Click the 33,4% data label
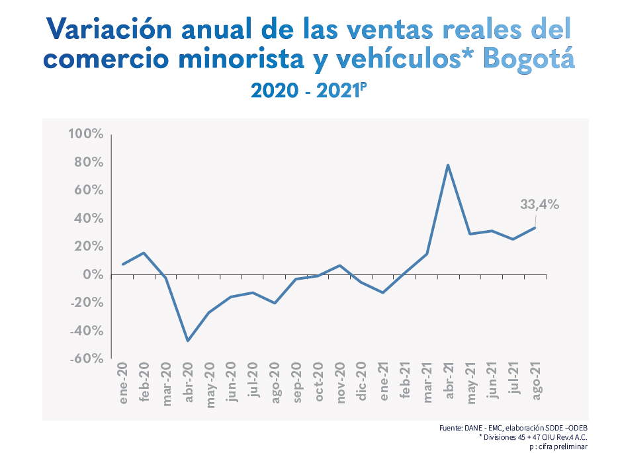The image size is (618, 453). pos(539,205)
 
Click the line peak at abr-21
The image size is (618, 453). pos(448,165)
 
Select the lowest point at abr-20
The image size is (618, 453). pos(188,341)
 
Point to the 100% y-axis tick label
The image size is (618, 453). pos(86,134)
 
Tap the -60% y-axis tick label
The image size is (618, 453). pos(86,358)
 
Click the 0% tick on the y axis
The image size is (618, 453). pos(93,274)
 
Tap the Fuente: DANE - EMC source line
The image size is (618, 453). pos(513,429)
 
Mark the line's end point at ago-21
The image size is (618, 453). pos(535,227)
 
